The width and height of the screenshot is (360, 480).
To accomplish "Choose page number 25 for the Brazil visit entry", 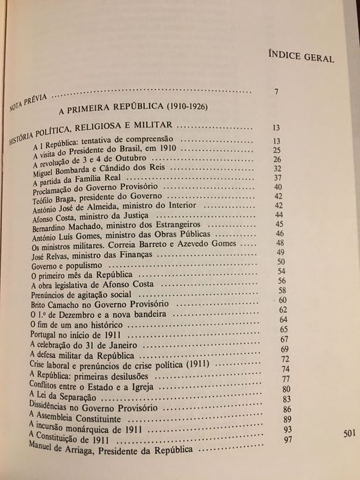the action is pyautogui.click(x=277, y=150).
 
